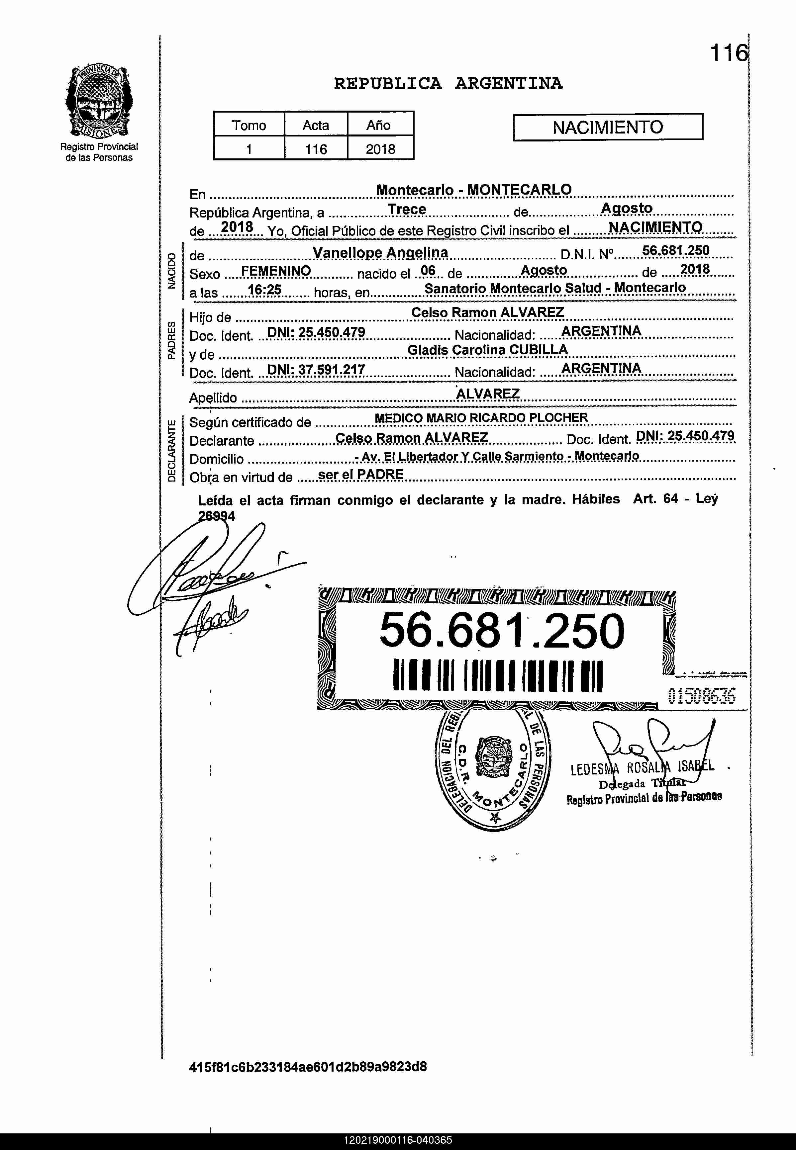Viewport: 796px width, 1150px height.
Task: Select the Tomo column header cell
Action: (x=249, y=125)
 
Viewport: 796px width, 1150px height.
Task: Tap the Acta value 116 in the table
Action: (x=316, y=149)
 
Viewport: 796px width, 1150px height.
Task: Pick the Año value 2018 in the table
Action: (x=380, y=149)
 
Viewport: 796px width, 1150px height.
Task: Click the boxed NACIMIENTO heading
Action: (x=608, y=128)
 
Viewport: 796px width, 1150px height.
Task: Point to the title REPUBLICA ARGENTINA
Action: (x=448, y=83)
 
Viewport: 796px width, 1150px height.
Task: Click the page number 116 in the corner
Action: (x=729, y=52)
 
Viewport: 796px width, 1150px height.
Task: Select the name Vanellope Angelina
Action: (x=380, y=253)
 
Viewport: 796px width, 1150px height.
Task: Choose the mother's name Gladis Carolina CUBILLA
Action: (x=487, y=350)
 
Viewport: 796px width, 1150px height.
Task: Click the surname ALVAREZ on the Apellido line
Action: (x=487, y=394)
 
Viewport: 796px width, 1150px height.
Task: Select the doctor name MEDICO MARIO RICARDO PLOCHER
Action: (x=481, y=418)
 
